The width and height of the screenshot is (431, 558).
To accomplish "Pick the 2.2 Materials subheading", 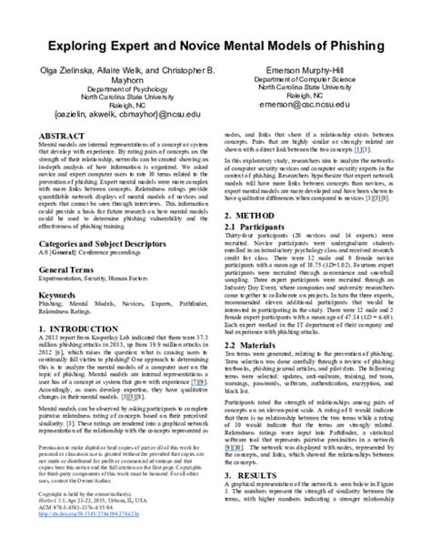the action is (260, 371).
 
